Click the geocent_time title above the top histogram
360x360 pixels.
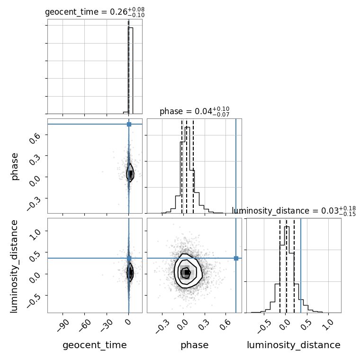click(95, 12)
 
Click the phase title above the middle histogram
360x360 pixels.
click(195, 111)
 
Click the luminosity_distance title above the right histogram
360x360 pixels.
click(294, 211)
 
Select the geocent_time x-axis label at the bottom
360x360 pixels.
click(95, 345)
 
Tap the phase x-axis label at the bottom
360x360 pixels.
click(195, 345)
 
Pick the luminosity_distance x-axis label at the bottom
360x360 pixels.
click(294, 345)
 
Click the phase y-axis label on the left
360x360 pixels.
click(14, 166)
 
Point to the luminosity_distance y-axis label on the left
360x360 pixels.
click(14, 266)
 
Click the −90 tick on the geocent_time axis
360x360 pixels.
click(63, 325)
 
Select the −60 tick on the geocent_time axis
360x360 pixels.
click(84, 325)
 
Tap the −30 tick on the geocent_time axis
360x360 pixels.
click(107, 325)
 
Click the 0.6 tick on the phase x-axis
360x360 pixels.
click(225, 324)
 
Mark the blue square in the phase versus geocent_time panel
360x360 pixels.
click(129, 124)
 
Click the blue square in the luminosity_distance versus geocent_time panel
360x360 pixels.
click(129, 258)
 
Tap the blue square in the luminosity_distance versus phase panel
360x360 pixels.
click(236, 258)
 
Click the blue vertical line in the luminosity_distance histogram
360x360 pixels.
click(301, 265)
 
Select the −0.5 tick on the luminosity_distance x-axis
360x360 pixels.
click(263, 326)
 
